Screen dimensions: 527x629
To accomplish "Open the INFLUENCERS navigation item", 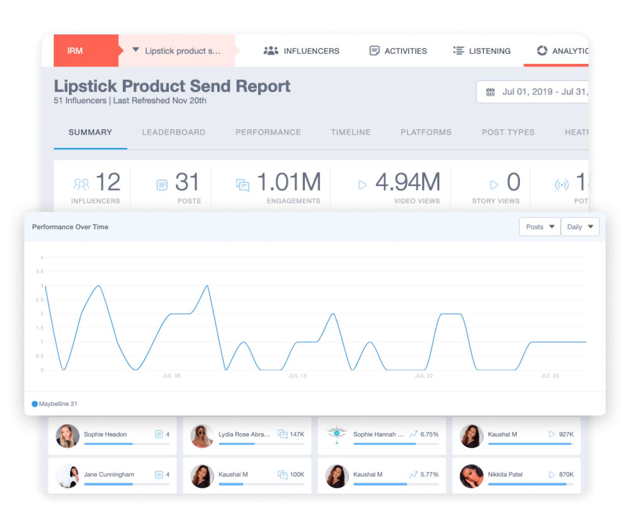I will tap(301, 51).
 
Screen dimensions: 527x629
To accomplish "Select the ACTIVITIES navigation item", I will tap(398, 51).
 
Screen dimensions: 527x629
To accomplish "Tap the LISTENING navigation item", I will tap(482, 51).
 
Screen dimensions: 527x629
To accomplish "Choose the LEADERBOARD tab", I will tap(173, 132).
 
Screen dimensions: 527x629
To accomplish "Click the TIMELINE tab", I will tap(351, 132).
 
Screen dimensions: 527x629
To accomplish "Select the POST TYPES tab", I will tap(508, 132).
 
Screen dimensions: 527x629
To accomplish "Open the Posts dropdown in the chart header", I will tap(540, 227).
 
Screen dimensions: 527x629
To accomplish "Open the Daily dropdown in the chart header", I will tap(580, 227).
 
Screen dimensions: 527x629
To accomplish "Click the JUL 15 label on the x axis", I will tap(298, 376).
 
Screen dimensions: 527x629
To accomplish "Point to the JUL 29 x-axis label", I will tap(550, 376).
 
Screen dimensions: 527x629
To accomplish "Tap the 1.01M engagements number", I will tap(289, 182).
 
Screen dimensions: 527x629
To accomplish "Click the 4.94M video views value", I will tap(408, 182).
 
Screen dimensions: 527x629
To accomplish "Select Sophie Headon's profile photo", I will tap(67, 436).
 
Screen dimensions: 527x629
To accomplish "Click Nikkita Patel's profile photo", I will tap(472, 476).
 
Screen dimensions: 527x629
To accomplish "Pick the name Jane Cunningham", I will tap(109, 474).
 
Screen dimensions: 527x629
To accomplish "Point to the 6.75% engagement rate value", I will tap(429, 434).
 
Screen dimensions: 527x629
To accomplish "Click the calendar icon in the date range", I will tap(491, 92).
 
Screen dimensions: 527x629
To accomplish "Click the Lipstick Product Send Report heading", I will tap(172, 86).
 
